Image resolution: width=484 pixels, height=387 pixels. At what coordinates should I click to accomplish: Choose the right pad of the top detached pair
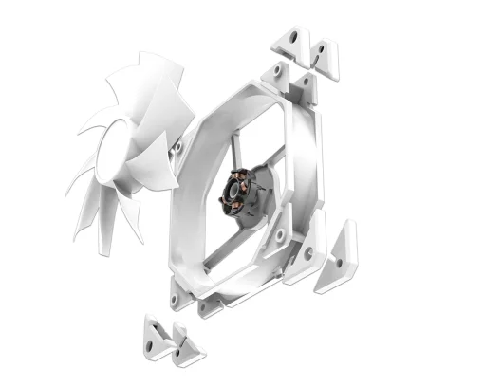coord(326,55)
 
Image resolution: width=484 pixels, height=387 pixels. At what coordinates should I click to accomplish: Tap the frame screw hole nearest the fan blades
coord(177,147)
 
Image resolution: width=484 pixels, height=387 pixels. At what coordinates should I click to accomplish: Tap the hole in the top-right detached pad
coord(327,47)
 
